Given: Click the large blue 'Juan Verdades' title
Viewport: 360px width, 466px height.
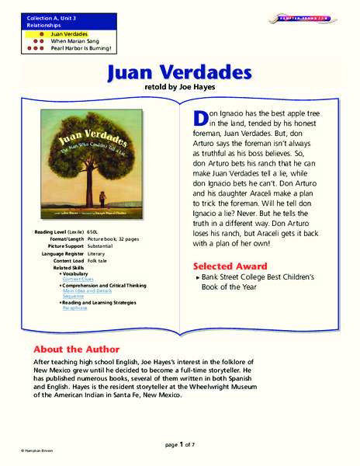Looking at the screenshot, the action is tap(179, 73).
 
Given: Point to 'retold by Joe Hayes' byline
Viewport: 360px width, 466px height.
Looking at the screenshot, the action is tap(180, 89).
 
